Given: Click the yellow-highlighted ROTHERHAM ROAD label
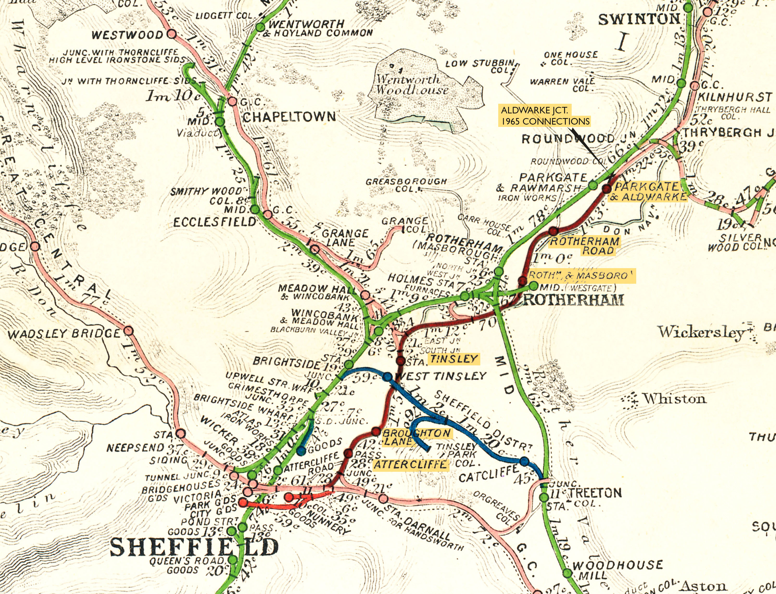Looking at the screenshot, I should (x=584, y=246).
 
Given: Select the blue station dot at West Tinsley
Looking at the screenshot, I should (x=387, y=377).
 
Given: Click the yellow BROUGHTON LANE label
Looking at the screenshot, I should (x=417, y=437).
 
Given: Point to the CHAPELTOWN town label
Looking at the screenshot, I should (x=288, y=117).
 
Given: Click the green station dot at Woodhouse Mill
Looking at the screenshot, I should (x=567, y=573).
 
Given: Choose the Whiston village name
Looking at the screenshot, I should (x=674, y=399).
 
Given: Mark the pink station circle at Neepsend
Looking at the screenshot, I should (x=180, y=434).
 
